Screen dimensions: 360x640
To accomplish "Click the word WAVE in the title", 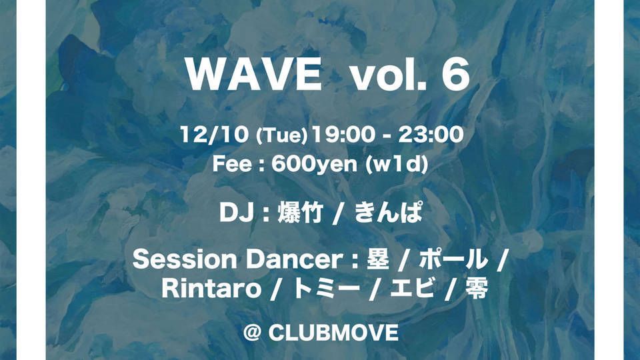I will (x=254, y=76).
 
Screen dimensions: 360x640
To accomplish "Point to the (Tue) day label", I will (x=281, y=137).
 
